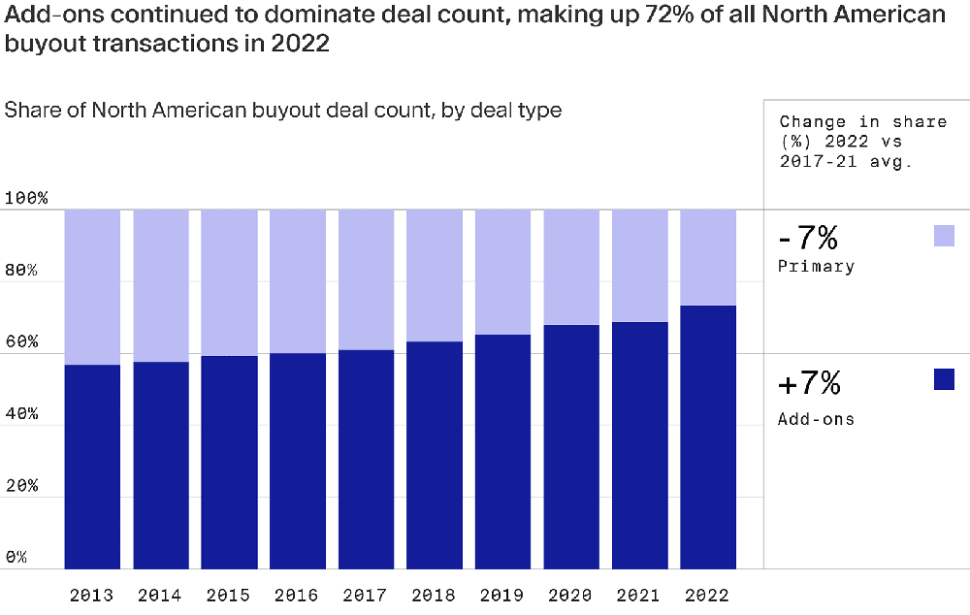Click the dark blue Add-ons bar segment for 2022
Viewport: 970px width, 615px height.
coord(708,437)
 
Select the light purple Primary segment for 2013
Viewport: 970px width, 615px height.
coord(92,286)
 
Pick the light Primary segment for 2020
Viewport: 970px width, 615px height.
coord(571,267)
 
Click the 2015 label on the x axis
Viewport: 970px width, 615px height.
coord(229,595)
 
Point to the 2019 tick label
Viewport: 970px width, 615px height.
coord(502,595)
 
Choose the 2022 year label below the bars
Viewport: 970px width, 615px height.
coord(708,595)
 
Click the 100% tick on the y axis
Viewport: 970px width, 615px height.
coord(26,199)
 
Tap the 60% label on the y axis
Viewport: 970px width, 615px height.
coord(21,342)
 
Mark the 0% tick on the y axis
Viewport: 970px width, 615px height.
coord(16,558)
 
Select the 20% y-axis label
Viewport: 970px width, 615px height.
coord(21,486)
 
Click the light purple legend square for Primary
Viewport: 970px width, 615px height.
coord(944,236)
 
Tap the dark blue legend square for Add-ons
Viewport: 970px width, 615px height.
coord(944,379)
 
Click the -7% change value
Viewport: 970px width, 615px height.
coord(808,238)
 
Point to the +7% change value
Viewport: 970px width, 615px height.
coord(809,384)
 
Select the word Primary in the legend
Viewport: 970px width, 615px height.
coord(816,267)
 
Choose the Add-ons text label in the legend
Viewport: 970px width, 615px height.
coord(816,419)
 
